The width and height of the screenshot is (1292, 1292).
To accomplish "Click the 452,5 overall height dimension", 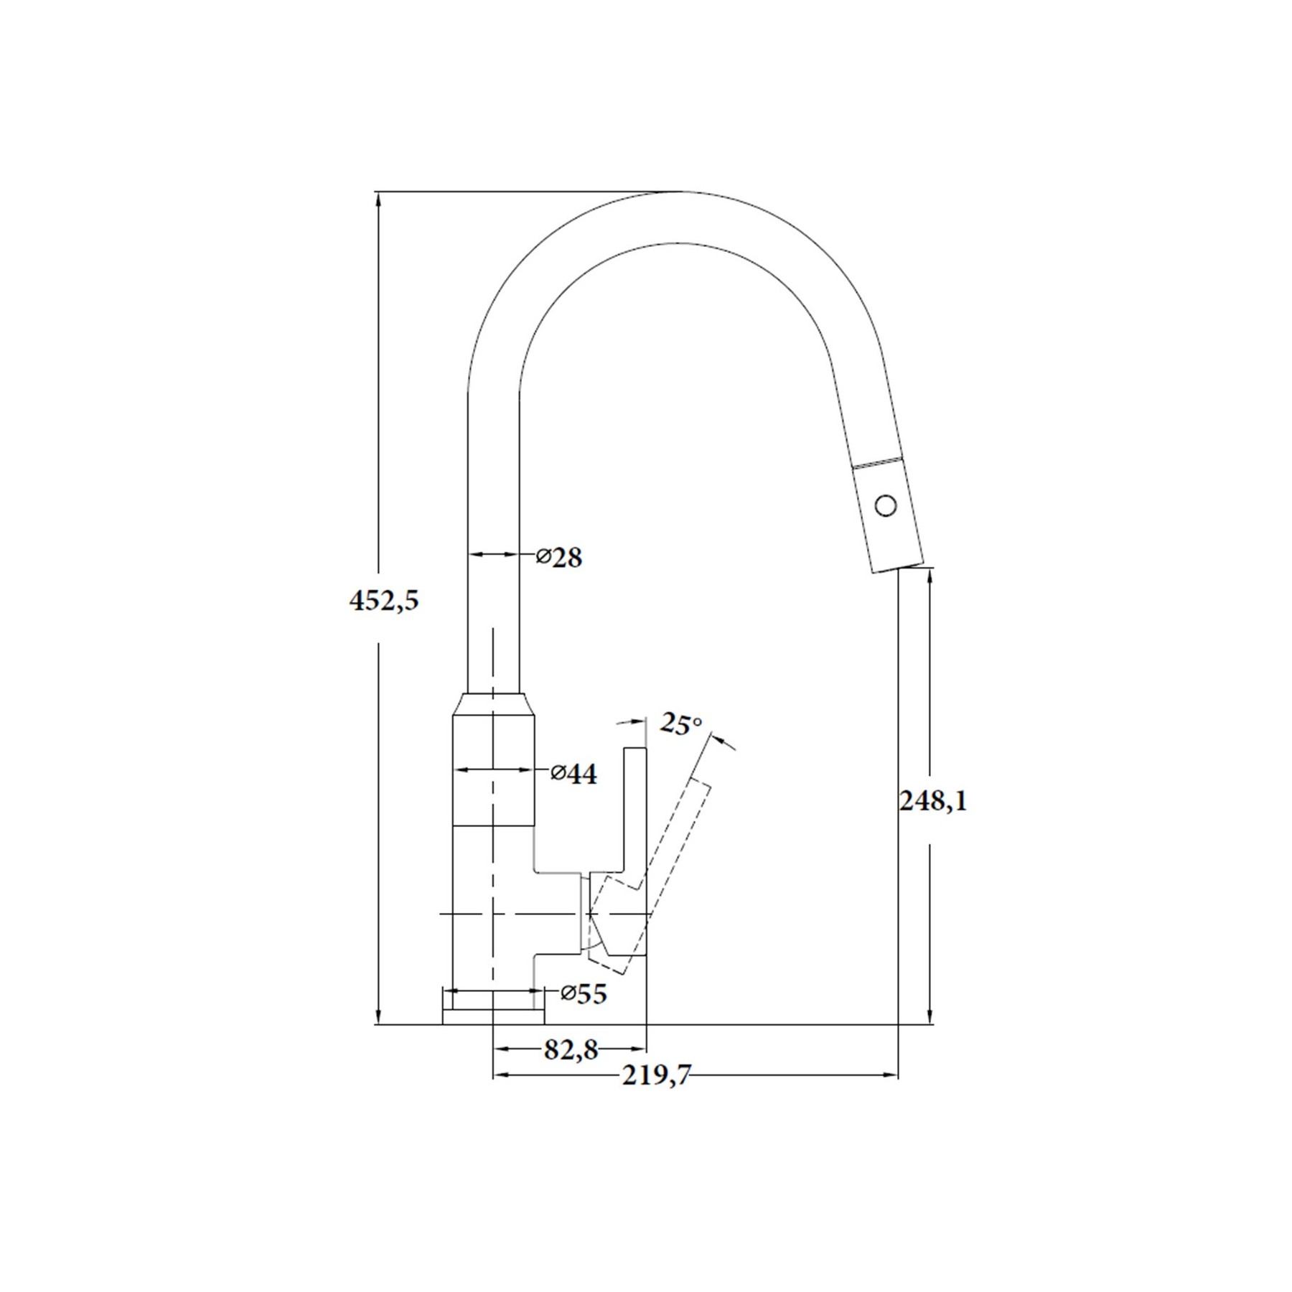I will click(x=383, y=600).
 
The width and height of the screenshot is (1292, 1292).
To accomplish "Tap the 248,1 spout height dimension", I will click(x=932, y=800).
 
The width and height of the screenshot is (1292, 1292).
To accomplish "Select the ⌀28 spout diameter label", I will click(x=560, y=556).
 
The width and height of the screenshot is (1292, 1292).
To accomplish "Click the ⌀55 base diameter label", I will click(x=584, y=993).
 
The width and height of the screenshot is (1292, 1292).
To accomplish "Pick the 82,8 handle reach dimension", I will click(x=571, y=1050).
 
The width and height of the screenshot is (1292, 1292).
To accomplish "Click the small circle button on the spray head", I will click(x=886, y=505).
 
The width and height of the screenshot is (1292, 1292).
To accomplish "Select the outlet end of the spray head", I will click(x=897, y=568).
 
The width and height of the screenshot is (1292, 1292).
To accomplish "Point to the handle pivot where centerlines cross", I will click(x=589, y=914).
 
